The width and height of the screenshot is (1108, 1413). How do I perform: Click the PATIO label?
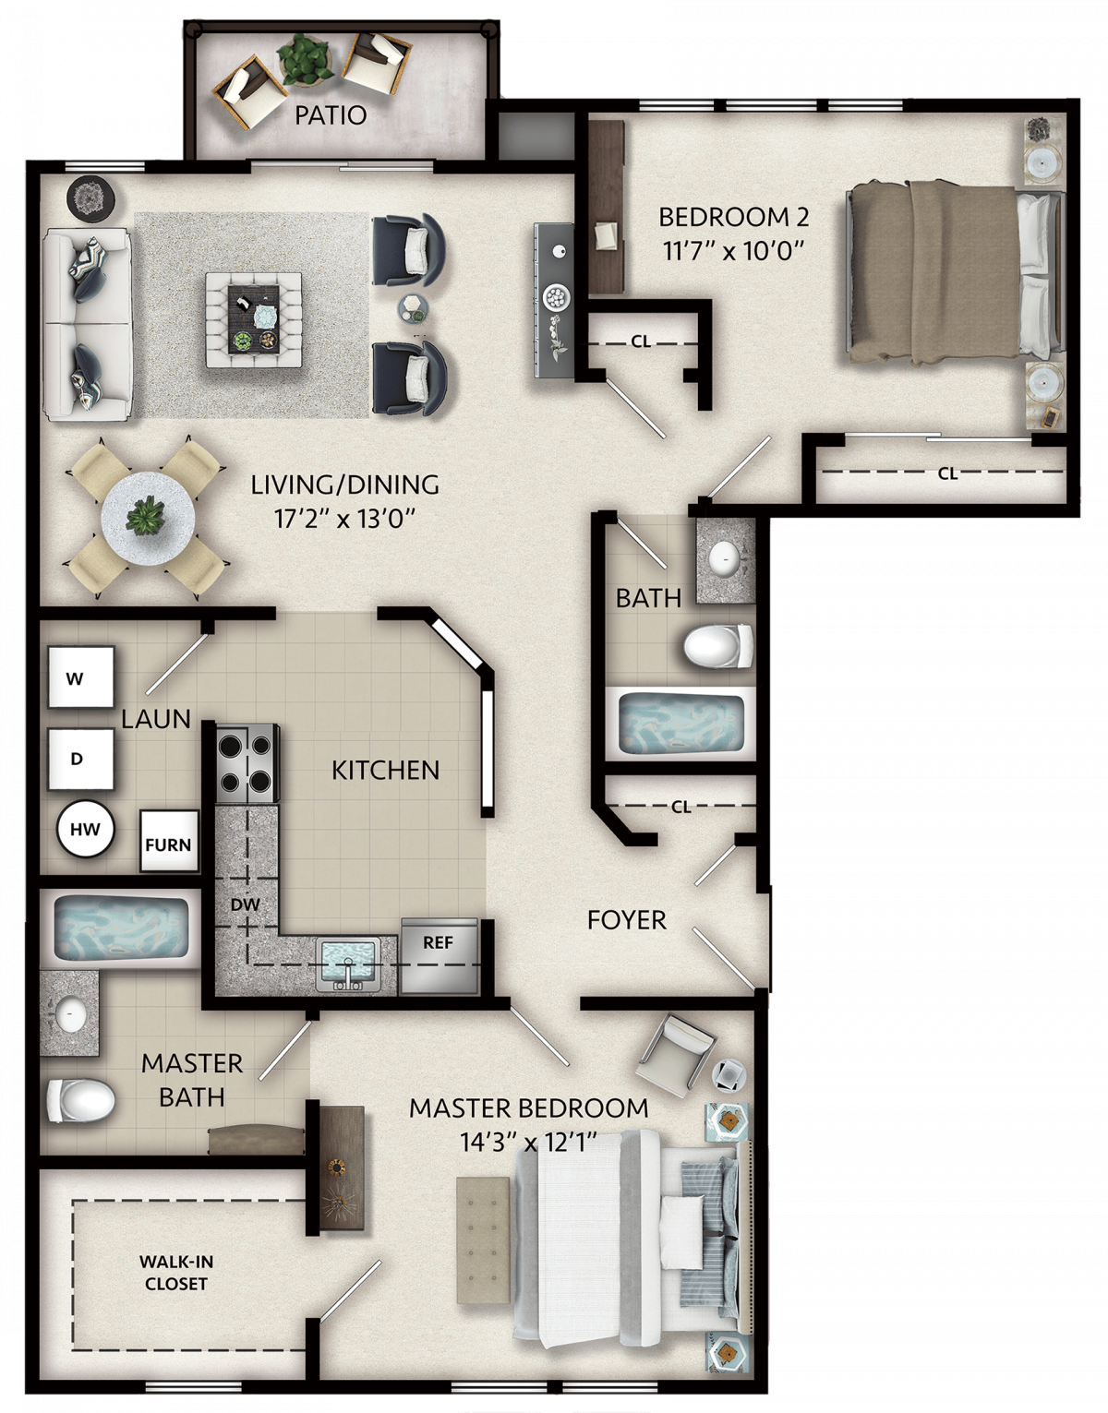(331, 115)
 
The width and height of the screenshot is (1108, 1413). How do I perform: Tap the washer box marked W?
(81, 677)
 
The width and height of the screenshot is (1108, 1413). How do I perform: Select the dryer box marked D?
(81, 759)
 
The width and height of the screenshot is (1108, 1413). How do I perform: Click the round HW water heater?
(85, 829)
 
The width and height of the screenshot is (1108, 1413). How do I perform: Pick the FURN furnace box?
(168, 841)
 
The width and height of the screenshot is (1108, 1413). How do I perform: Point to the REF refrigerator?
(440, 955)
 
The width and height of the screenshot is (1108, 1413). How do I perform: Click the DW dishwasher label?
(245, 904)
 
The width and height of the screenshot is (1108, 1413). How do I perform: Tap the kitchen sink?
(348, 964)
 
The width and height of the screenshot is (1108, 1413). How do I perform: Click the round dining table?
(149, 519)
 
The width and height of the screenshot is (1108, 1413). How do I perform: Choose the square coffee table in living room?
(254, 319)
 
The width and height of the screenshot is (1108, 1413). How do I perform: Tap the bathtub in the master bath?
(120, 928)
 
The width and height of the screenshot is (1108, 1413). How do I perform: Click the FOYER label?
(627, 920)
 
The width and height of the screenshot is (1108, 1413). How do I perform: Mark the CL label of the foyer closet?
(680, 807)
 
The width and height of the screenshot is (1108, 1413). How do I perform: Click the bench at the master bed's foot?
(483, 1231)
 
